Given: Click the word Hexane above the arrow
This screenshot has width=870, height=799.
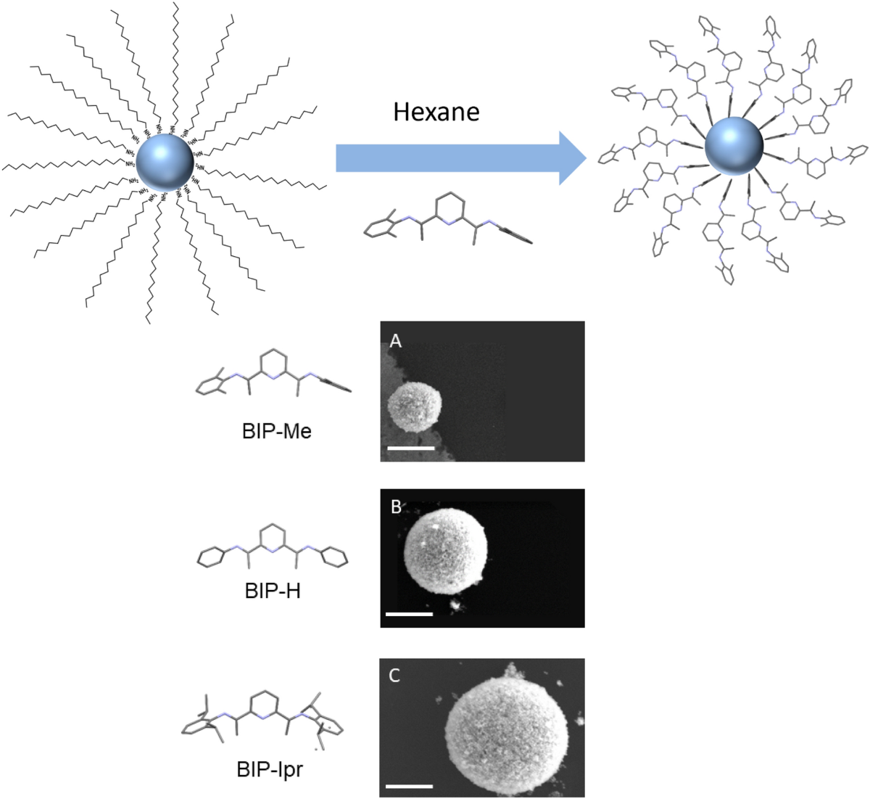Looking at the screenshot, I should pyautogui.click(x=436, y=111).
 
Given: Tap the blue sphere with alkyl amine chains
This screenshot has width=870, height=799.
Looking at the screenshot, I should pyautogui.click(x=165, y=161).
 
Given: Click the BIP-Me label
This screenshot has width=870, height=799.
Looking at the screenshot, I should pyautogui.click(x=276, y=432).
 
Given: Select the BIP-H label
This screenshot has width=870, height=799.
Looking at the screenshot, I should pyautogui.click(x=273, y=590).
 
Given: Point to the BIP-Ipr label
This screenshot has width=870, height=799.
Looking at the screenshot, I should pyautogui.click(x=270, y=768).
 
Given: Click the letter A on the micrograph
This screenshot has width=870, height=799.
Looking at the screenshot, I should pyautogui.click(x=395, y=340).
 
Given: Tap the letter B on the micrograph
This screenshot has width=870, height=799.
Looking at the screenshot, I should pyautogui.click(x=396, y=507).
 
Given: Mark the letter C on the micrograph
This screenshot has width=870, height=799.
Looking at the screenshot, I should pyautogui.click(x=395, y=676).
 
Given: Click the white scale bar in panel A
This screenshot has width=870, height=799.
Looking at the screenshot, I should pyautogui.click(x=410, y=448).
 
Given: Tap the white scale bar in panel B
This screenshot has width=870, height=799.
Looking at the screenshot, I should pyautogui.click(x=409, y=614).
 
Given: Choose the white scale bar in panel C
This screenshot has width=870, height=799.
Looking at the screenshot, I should pyautogui.click(x=409, y=785).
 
